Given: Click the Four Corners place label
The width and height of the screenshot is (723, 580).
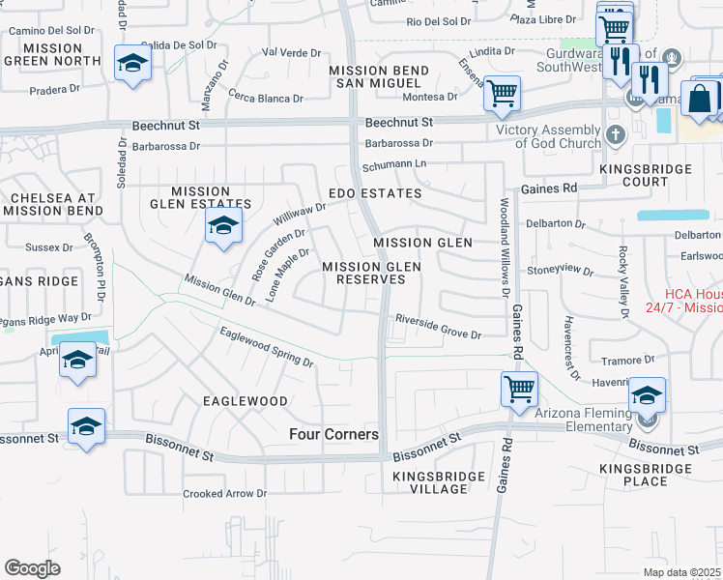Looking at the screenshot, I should tap(334, 435).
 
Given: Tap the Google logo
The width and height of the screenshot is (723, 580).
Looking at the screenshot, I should tap(32, 568).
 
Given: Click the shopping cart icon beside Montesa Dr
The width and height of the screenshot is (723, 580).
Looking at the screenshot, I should tap(502, 94).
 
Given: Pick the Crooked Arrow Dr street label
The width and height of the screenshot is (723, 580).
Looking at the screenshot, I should tap(224, 493).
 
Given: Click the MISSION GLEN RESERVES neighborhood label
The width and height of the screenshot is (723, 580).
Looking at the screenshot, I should tap(363, 273).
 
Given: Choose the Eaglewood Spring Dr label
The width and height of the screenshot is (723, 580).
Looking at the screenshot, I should tap(267, 348).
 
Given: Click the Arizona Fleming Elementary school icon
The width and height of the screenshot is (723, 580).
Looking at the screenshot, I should tap(647, 395).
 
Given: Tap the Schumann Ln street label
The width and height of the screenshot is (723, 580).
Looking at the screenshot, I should tap(394, 165).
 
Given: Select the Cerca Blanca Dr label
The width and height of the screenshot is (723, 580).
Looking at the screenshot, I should tap(266, 98).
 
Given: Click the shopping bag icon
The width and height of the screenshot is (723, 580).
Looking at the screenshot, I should tap(698, 100).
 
